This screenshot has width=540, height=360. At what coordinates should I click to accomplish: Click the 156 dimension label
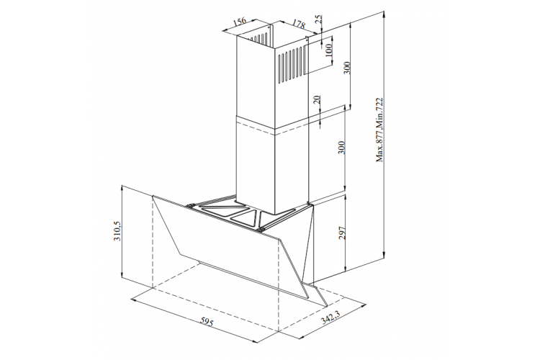pos(240,22)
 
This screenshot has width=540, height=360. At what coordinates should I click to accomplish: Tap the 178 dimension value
pos(299,24)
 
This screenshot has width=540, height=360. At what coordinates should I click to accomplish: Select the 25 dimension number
pos(318,19)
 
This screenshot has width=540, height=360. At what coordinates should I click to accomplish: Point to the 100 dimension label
pos(329,50)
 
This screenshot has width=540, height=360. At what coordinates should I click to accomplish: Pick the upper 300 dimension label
pos(347,68)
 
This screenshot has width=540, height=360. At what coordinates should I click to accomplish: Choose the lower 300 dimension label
pos(341,148)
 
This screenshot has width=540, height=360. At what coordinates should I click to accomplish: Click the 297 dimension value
pos(341,233)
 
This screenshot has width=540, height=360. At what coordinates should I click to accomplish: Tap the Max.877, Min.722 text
pos(379,130)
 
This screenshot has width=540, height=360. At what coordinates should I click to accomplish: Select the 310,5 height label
pos(117,231)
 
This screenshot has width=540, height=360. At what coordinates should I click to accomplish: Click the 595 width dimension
pos(207,323)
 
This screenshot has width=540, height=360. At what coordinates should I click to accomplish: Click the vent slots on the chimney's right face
pos(292,64)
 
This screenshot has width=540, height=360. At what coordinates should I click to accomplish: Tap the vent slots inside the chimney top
pos(258,39)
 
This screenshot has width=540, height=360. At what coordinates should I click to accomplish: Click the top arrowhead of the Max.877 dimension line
pos(384,14)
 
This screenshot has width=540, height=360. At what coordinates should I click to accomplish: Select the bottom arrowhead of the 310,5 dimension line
pos(122,274)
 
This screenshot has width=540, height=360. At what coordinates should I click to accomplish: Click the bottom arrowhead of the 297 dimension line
pos(346,268)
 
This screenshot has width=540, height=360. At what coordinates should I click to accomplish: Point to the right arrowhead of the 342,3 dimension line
pos(364,305)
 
